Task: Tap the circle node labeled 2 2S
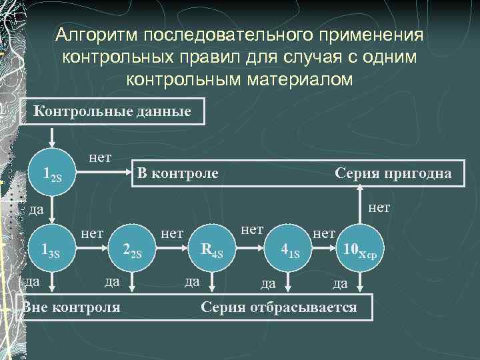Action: pyautogui.click(x=133, y=251)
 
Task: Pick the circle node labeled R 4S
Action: pyautogui.click(x=215, y=251)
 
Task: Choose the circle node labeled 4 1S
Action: pyautogui.click(x=291, y=252)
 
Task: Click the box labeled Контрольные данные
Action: pyautogui.click(x=112, y=111)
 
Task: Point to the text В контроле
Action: pyautogui.click(x=177, y=174)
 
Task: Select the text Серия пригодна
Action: pyautogui.click(x=393, y=174)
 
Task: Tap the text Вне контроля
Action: pyautogui.click(x=72, y=307)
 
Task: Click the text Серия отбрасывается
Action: pyautogui.click(x=279, y=307)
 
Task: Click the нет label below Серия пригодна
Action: pyautogui.click(x=379, y=208)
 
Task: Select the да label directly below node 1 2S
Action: pyautogui.click(x=37, y=210)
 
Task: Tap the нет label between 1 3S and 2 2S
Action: pyautogui.click(x=92, y=233)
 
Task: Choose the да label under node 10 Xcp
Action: pyautogui.click(x=340, y=284)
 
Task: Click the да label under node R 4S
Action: pyautogui.click(x=192, y=282)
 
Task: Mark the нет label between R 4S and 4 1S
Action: pyautogui.click(x=252, y=229)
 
